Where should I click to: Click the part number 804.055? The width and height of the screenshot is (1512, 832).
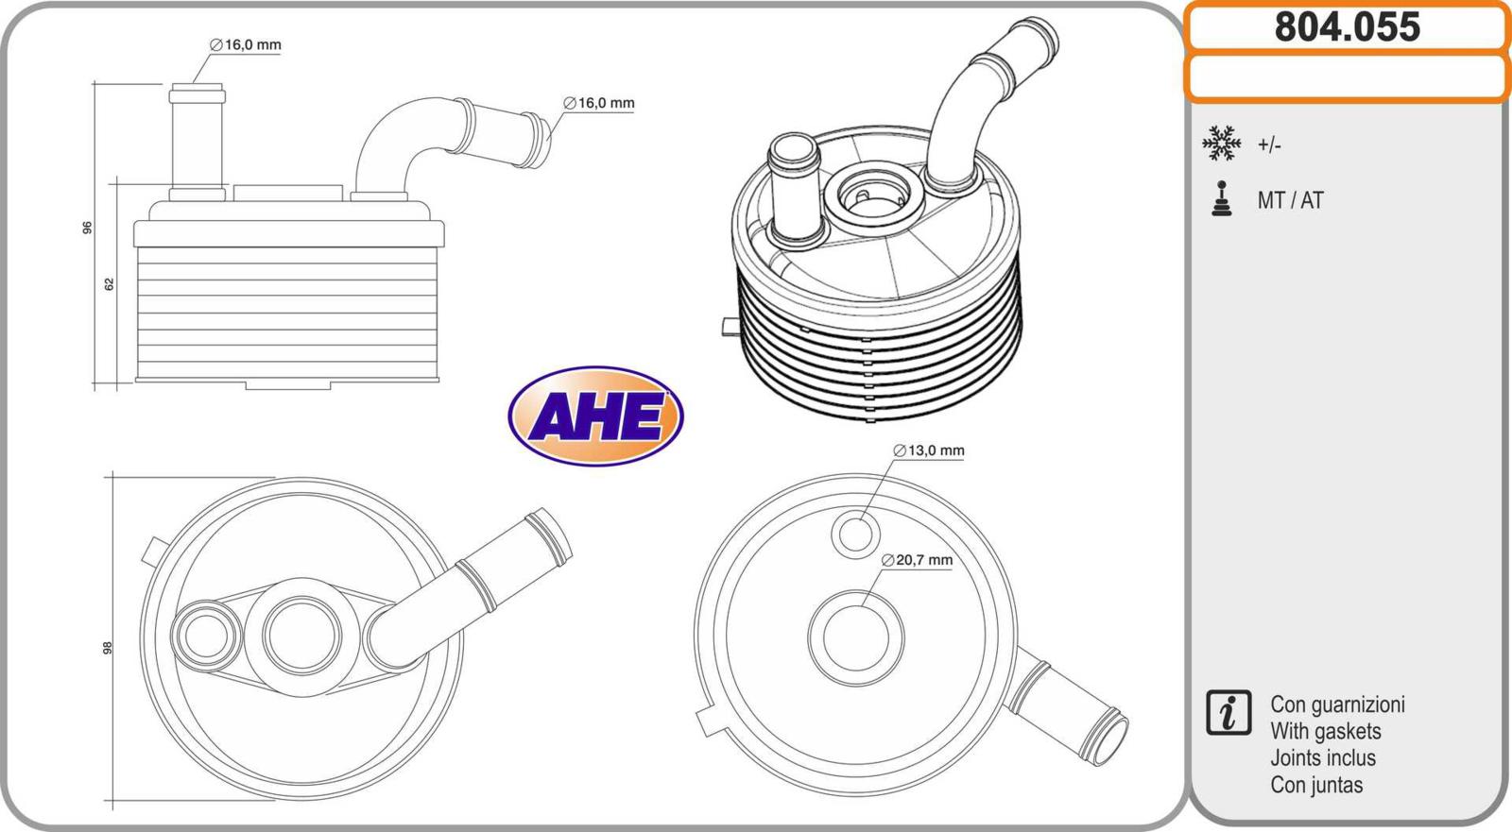click(x=1348, y=27)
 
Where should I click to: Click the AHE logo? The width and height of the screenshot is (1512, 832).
click(x=595, y=416)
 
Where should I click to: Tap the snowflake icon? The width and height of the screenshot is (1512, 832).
click(x=1222, y=143)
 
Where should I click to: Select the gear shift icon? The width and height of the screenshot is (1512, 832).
click(x=1222, y=198)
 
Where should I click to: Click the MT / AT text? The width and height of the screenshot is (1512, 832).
click(x=1290, y=200)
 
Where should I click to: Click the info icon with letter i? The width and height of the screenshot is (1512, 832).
click(x=1228, y=713)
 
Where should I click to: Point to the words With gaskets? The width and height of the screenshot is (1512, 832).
click(x=1326, y=731)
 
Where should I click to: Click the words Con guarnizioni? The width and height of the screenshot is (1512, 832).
click(x=1337, y=705)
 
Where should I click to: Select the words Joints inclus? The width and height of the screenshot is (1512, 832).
click(x=1323, y=757)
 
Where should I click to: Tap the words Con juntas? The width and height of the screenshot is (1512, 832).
click(x=1316, y=785)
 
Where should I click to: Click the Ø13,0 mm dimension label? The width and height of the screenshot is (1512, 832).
click(x=929, y=450)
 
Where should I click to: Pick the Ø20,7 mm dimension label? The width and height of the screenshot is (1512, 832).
click(x=918, y=560)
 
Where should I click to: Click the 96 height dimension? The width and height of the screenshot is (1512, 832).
click(x=87, y=228)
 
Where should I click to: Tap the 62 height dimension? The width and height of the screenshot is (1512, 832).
click(x=110, y=284)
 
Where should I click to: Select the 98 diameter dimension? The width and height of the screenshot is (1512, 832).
click(x=107, y=648)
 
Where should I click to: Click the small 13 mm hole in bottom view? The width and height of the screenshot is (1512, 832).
click(x=856, y=535)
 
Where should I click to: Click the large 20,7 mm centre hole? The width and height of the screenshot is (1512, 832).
click(x=856, y=637)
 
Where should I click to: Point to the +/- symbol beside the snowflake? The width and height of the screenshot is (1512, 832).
click(x=1269, y=145)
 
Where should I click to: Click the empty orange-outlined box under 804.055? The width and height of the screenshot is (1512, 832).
click(x=1348, y=77)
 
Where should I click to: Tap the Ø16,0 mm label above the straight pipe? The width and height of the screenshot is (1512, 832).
click(x=246, y=45)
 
